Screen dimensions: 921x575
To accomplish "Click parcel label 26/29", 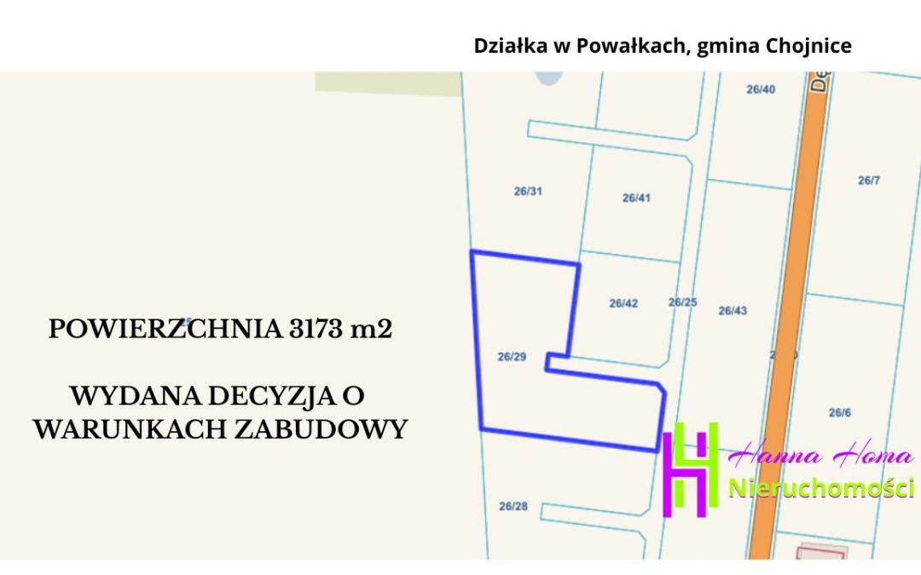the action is [511, 357].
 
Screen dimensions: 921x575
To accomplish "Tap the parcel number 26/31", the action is [528, 191].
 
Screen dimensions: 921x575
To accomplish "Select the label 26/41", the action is [636, 198].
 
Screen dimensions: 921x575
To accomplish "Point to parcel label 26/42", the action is [623, 303].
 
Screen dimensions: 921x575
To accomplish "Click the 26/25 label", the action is [682, 302].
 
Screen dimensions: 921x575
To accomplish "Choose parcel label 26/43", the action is [733, 311].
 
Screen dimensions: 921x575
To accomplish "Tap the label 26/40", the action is [761, 89].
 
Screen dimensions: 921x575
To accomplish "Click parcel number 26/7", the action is [868, 181].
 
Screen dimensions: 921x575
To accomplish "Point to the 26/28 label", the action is [513, 506].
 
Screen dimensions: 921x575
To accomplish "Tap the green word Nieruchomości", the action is [821, 488].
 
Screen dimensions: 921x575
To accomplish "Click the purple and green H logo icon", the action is [691, 469].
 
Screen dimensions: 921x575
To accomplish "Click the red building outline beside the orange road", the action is [820, 553].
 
